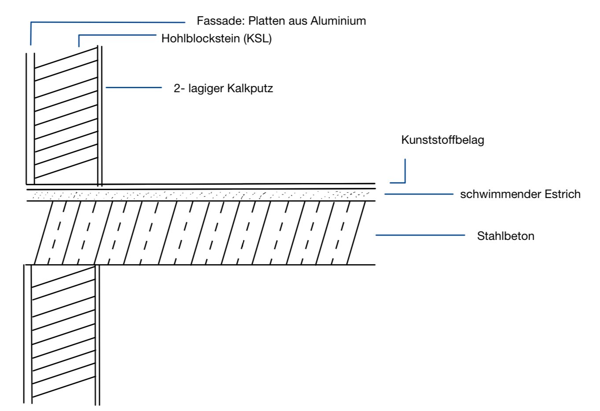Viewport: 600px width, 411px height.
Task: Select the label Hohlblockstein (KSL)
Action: point(216,38)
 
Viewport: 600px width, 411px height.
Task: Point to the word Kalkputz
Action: point(250,89)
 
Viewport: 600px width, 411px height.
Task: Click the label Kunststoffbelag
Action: point(442,140)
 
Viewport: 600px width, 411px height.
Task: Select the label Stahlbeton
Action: point(505,236)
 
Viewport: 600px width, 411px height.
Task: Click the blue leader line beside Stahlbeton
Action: point(420,235)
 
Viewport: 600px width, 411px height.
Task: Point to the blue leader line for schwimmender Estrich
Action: point(419,194)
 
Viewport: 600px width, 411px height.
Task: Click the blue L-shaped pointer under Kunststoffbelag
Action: point(404,174)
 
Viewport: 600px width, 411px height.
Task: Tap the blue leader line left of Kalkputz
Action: point(134,88)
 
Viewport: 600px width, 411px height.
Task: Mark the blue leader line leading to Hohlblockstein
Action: point(117,35)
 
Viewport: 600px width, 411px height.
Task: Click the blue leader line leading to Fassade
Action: point(108,22)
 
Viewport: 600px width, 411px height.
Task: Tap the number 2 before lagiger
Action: point(177,89)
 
